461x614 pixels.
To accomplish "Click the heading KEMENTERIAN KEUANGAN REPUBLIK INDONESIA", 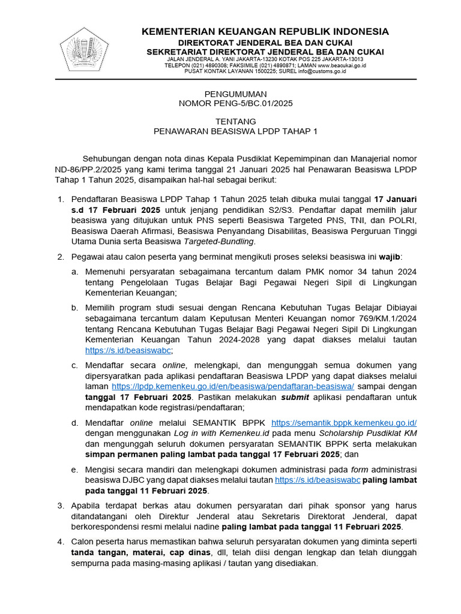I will [265, 32].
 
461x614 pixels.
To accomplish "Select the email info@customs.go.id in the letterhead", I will [316, 71].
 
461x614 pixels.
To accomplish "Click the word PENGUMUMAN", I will [235, 94].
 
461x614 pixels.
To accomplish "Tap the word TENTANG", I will [235, 122].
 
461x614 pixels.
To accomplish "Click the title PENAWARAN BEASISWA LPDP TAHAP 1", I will [235, 131].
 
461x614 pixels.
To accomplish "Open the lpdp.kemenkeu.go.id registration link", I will [233, 387].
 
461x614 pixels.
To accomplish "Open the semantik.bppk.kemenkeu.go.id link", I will [344, 423].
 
